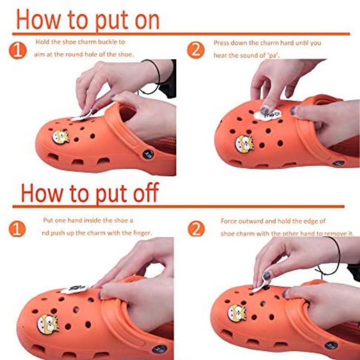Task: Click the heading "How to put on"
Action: (88, 20)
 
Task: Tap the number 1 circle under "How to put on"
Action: (18, 50)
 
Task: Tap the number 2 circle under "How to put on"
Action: (196, 50)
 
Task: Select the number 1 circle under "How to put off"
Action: (17, 229)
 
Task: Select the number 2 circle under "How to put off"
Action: (196, 229)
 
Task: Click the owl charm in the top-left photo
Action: (61, 137)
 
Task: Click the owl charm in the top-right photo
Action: (244, 144)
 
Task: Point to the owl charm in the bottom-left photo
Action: (48, 324)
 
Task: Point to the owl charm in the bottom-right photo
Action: (237, 313)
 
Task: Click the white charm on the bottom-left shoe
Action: (75, 289)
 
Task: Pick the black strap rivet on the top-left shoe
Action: (148, 154)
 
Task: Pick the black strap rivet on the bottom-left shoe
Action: (159, 350)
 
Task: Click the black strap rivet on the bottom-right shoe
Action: (331, 345)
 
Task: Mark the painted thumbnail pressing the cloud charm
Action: (265, 111)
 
